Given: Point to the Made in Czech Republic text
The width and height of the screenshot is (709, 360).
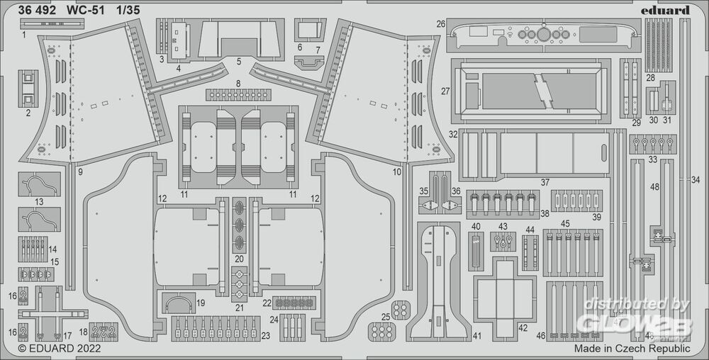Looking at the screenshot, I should [x=632, y=349].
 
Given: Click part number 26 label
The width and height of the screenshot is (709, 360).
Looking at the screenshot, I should [x=441, y=24].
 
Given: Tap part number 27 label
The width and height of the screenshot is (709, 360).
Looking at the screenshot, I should [x=445, y=91].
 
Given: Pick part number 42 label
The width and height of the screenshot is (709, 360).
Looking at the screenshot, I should [x=523, y=328].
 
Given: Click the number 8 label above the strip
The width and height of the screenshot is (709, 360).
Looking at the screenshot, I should [x=238, y=84].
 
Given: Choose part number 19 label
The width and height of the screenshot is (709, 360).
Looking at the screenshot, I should [x=201, y=303].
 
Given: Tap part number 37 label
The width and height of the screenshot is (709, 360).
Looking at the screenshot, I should [x=545, y=182].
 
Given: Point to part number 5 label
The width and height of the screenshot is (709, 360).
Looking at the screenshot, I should [x=239, y=62].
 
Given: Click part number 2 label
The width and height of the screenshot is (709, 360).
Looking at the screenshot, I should [x=28, y=113].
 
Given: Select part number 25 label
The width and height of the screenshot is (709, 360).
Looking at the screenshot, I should [x=385, y=316].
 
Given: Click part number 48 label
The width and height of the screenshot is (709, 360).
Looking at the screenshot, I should [x=654, y=187].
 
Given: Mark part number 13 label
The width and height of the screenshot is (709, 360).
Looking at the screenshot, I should [x=39, y=202].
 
